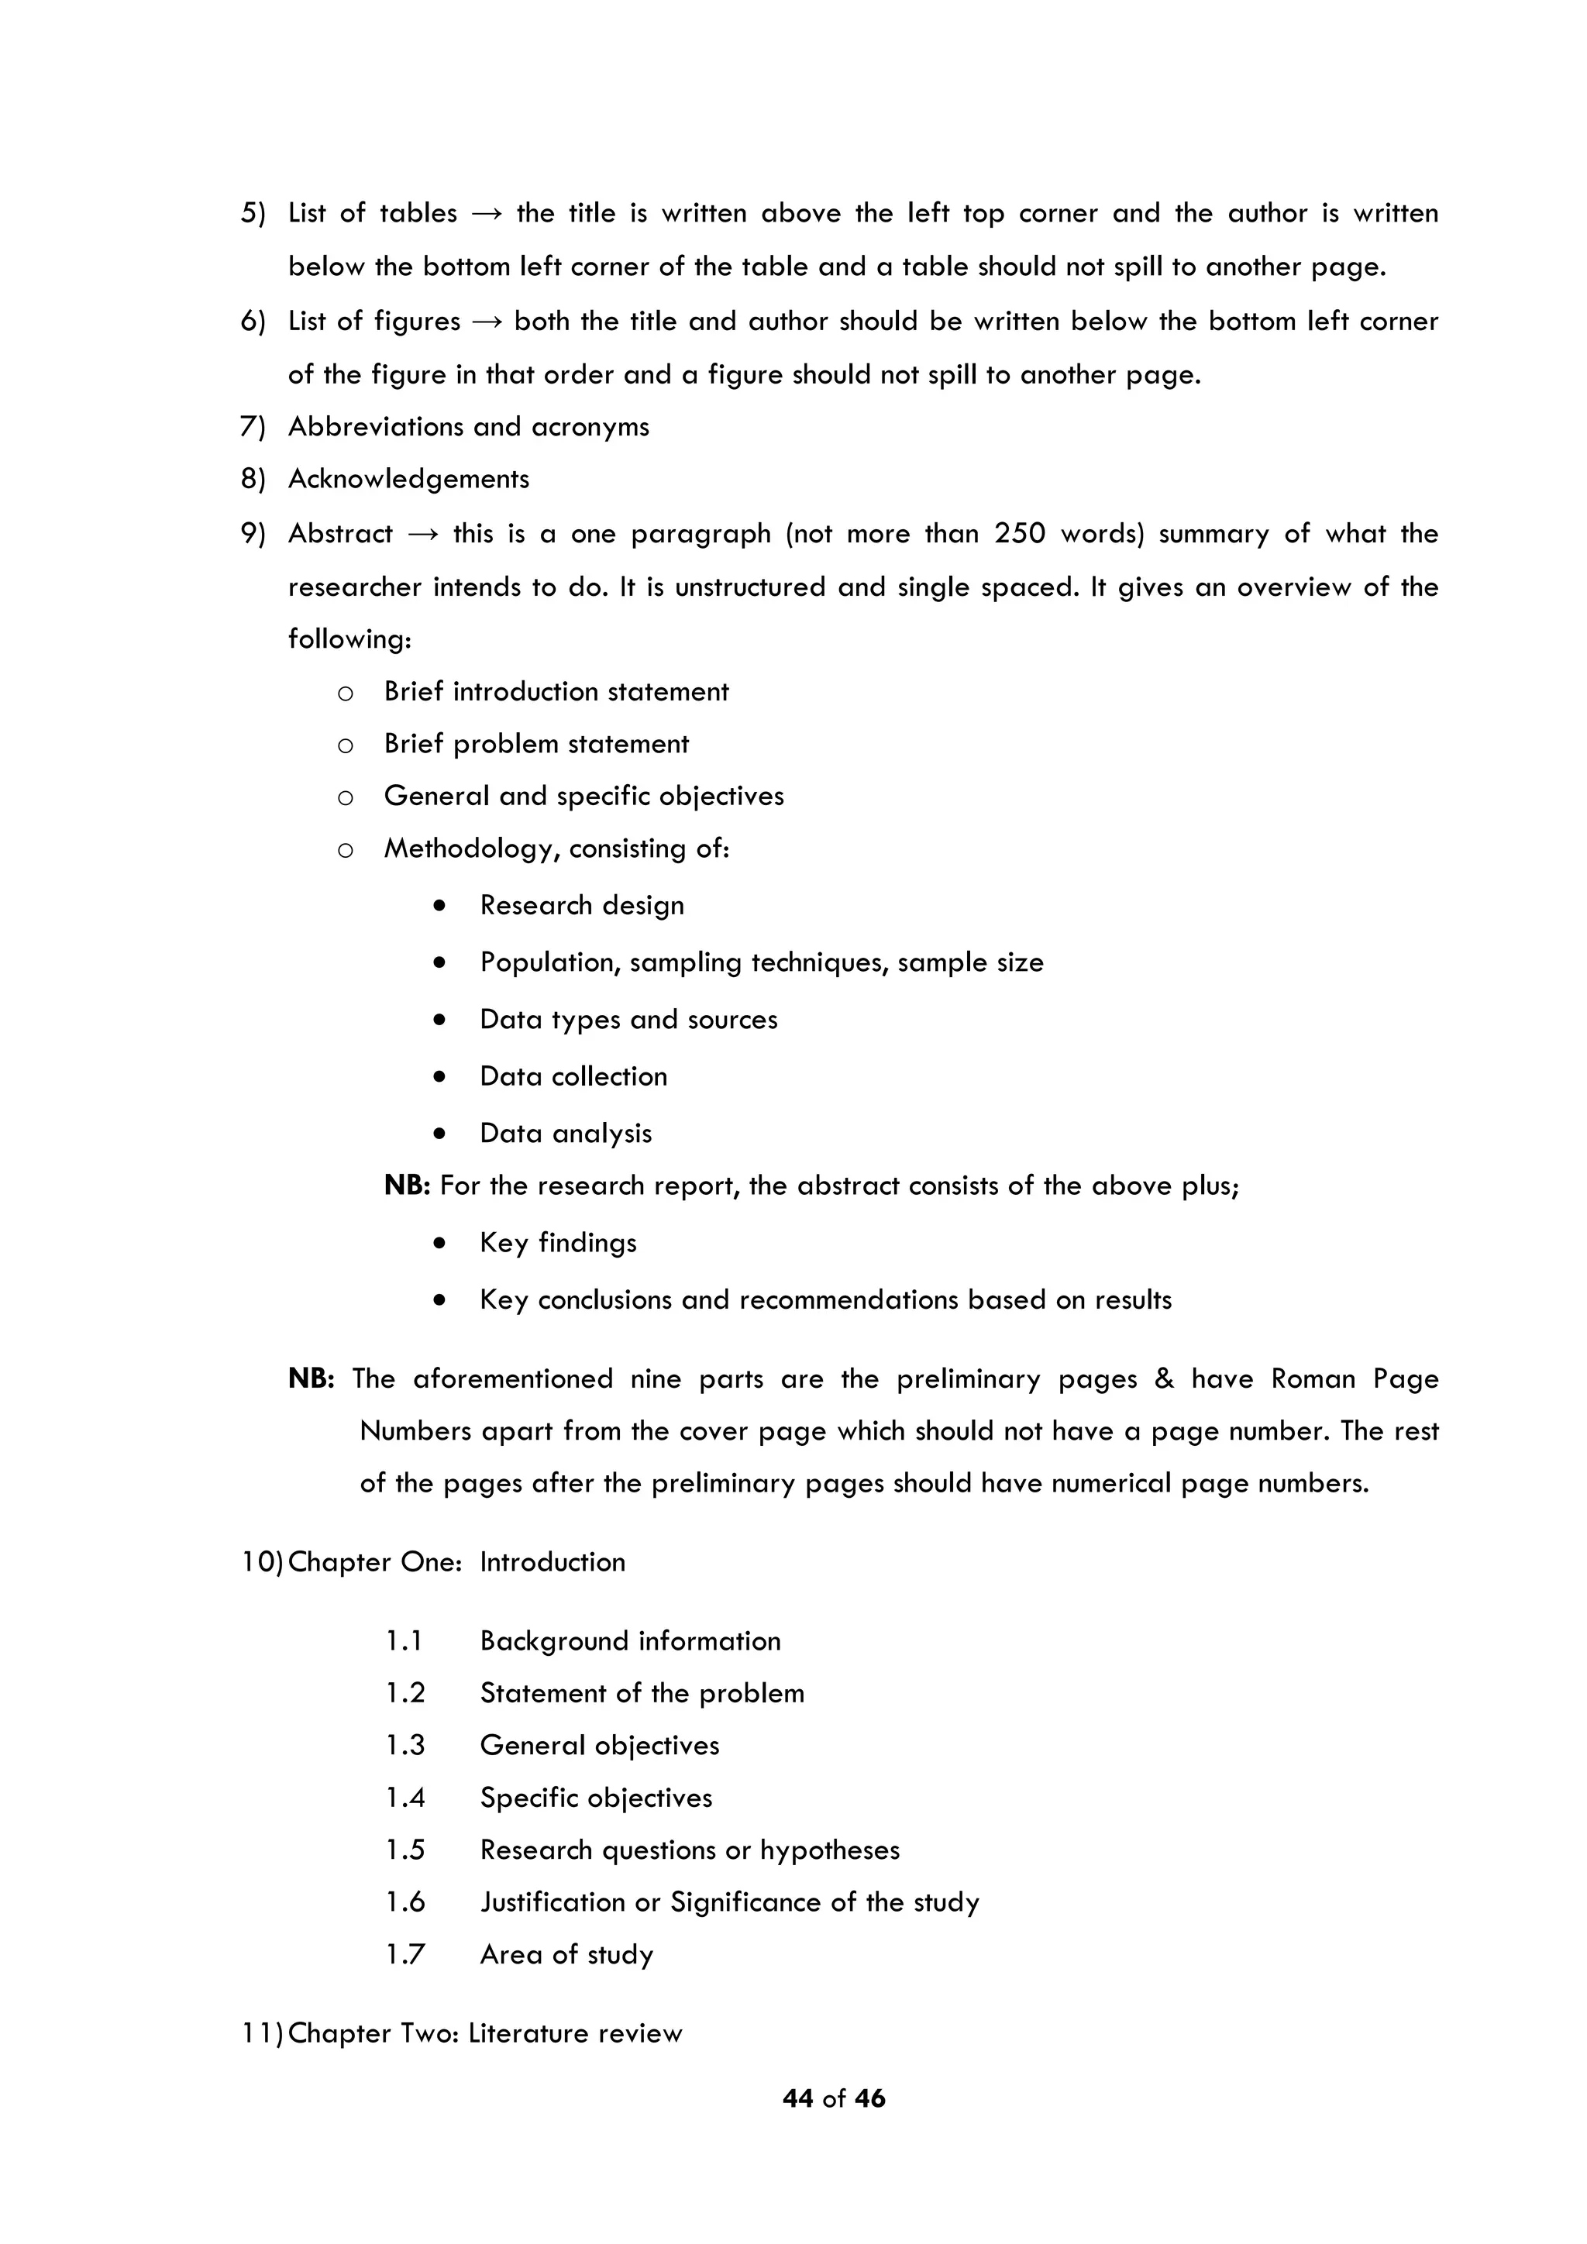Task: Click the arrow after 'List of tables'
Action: pos(486,214)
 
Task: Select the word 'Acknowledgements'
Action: pos(408,479)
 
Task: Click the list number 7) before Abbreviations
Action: pos(253,427)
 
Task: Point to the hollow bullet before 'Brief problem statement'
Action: pos(345,745)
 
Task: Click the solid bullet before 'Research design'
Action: pos(441,906)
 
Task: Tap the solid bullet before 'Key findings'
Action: pos(441,1243)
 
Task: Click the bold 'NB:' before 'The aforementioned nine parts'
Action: pos(311,1379)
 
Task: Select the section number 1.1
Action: pos(404,1641)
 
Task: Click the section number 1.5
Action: pos(404,1850)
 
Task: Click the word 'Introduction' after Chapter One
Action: pos(553,1562)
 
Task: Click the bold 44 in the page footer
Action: pos(797,2098)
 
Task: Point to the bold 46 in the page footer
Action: pos(869,2098)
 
